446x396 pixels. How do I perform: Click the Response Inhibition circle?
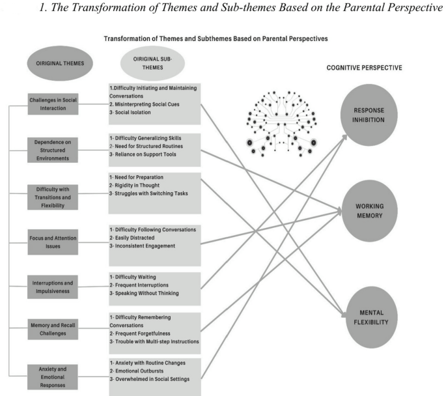tap(369, 115)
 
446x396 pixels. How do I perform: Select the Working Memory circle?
tap(369, 211)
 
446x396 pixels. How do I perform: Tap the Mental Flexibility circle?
tap(371, 317)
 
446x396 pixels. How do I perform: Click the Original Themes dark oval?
tap(60, 63)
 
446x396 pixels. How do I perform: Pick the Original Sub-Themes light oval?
tap(153, 63)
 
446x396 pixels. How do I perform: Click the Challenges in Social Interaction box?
tap(53, 104)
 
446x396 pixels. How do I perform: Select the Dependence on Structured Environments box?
tap(53, 150)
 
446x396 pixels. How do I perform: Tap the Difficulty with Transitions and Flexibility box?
tap(53, 197)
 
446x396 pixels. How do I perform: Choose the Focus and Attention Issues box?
tap(53, 242)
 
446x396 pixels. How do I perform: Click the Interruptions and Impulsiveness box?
tap(53, 287)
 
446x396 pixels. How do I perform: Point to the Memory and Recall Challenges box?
tap(53, 329)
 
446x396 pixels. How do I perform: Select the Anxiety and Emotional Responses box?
tap(53, 377)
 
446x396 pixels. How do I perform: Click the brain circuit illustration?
tap(281, 124)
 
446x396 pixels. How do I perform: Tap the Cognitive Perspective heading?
tap(365, 68)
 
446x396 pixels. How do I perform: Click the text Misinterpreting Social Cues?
tap(147, 104)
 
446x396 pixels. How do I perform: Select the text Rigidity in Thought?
tap(137, 186)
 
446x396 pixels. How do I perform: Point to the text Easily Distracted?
tap(135, 238)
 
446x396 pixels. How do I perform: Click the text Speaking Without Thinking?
tap(146, 293)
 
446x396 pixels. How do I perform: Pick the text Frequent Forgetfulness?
tap(143, 333)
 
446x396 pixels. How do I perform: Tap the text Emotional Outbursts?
tap(139, 371)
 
